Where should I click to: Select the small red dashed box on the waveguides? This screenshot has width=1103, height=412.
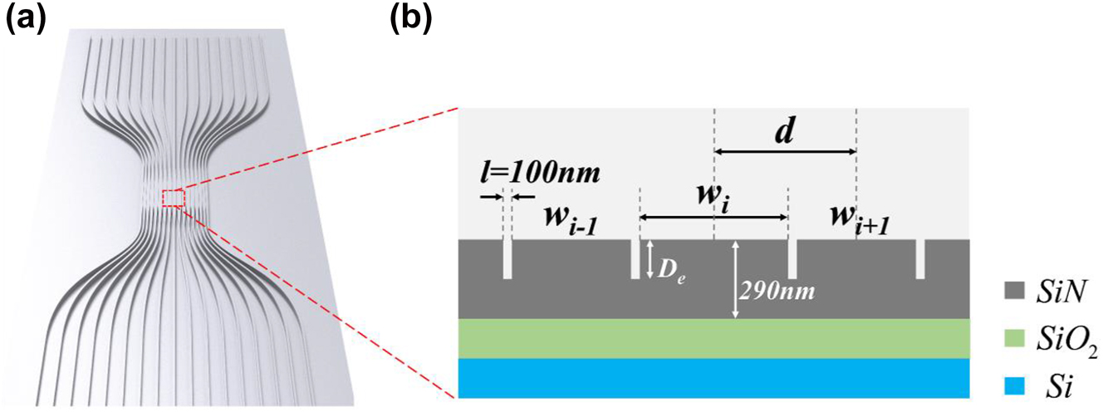point(172,199)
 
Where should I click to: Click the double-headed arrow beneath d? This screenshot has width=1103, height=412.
point(785,151)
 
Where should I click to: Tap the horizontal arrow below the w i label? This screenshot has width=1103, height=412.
point(713,218)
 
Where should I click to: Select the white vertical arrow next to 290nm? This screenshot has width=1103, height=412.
point(735,279)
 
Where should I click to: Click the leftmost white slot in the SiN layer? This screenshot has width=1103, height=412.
point(507,259)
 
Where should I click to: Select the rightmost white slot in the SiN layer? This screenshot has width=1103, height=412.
point(920,259)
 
